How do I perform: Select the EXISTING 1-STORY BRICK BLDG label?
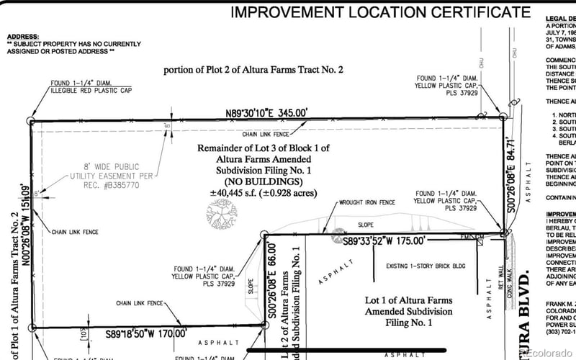point(426,266)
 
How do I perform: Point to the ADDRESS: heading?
point(22,36)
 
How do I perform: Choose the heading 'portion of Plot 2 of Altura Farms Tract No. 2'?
point(253,70)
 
